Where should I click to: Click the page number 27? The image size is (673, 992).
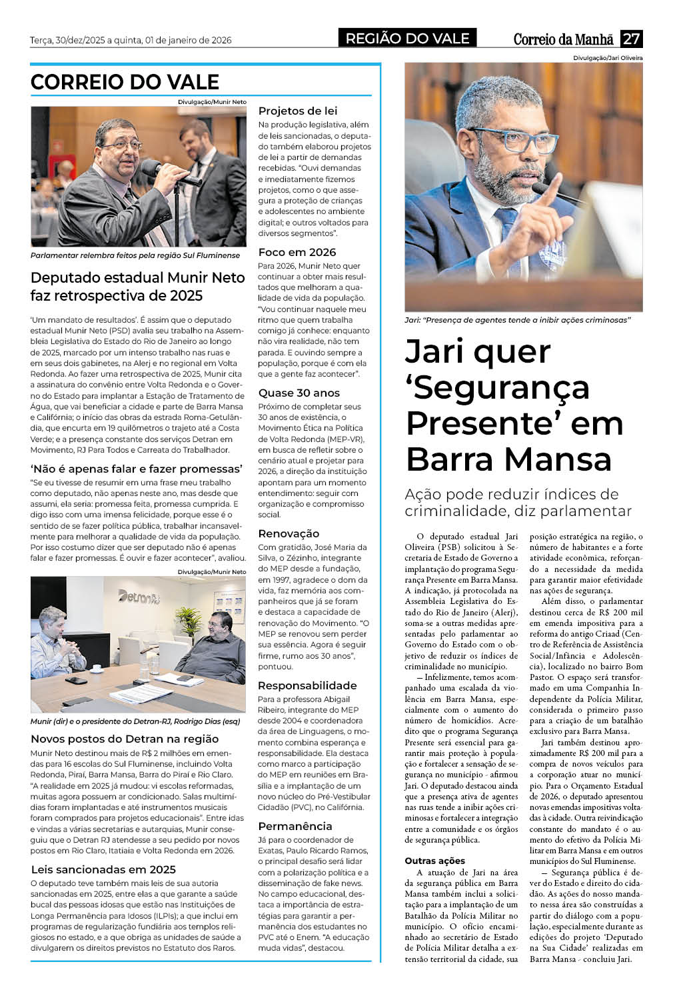click(631, 39)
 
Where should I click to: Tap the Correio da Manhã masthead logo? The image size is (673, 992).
click(563, 39)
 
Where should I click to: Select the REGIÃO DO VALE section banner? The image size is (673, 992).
click(407, 39)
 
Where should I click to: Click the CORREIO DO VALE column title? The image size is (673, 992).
click(125, 82)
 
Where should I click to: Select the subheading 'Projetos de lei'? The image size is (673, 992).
click(298, 111)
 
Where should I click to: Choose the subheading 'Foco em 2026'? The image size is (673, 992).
click(297, 252)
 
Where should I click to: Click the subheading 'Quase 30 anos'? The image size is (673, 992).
click(299, 393)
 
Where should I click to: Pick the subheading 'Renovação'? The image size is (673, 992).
click(289, 533)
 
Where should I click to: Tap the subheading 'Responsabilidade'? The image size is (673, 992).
click(307, 685)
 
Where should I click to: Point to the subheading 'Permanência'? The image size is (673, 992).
click(295, 826)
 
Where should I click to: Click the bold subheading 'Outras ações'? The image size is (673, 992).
click(435, 861)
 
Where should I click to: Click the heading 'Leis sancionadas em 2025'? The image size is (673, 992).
click(103, 869)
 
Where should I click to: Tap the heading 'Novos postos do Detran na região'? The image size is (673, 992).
click(125, 739)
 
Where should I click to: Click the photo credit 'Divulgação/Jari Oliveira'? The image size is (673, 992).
click(608, 58)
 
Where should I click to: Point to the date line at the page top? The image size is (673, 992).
click(131, 40)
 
